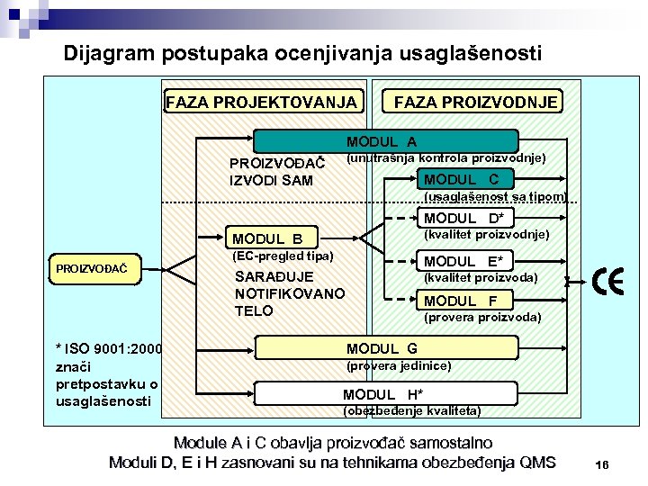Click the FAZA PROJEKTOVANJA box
click(262, 102)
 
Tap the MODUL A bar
click(385, 141)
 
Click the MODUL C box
click(467, 178)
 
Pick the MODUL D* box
click(463, 218)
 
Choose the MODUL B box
click(267, 238)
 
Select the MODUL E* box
click(467, 261)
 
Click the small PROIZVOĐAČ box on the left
click(91, 267)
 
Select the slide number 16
click(602, 464)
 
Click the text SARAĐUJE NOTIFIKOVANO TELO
click(288, 293)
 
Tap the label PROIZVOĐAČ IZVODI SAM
click(271, 172)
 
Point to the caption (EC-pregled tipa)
click(283, 256)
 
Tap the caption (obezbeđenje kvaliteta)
click(412, 411)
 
